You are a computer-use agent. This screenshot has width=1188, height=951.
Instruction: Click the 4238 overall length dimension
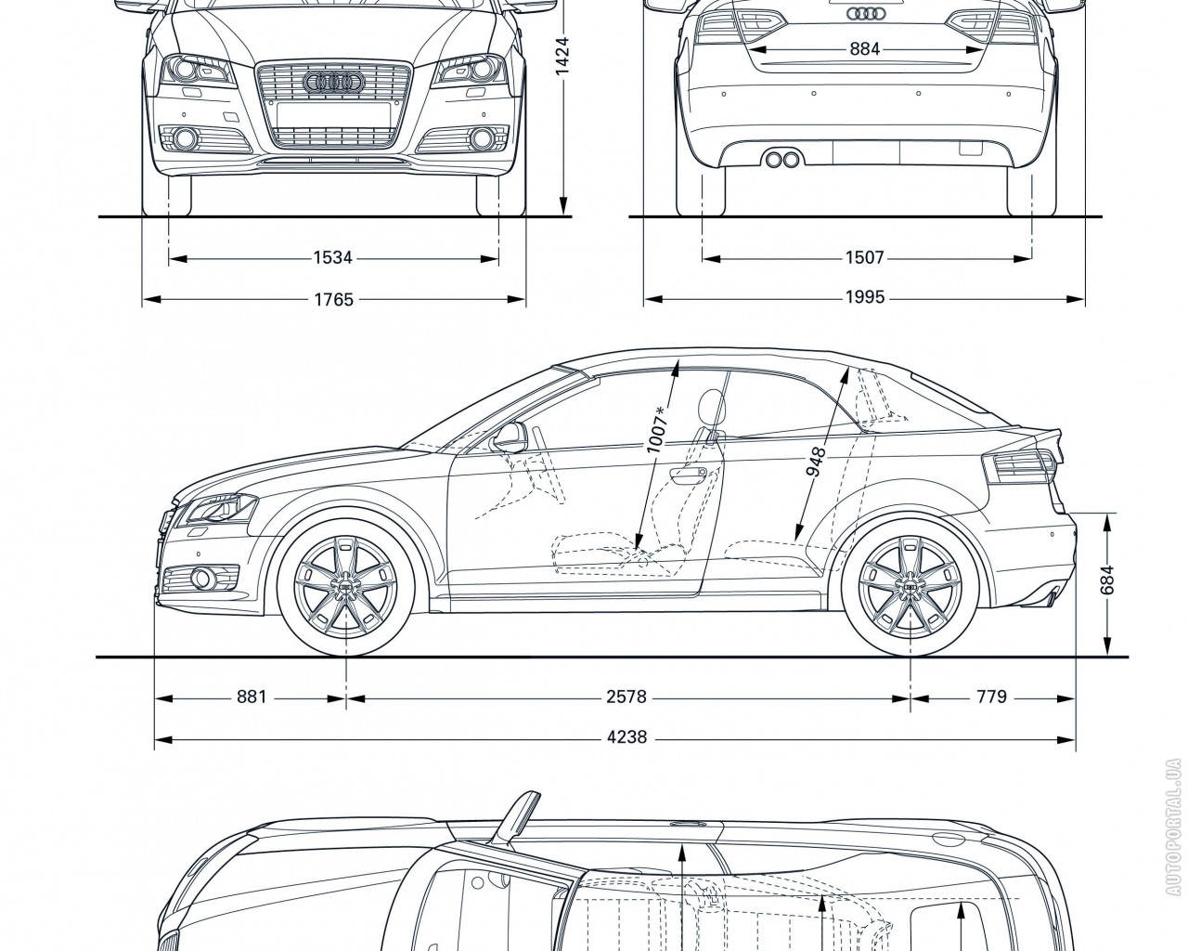tap(626, 739)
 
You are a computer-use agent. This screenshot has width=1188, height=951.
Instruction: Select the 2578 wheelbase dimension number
tap(626, 696)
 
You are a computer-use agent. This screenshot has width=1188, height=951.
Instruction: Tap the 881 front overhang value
tap(252, 696)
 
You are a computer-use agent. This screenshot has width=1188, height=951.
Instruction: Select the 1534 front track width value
tap(332, 257)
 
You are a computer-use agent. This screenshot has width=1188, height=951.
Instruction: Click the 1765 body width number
tap(332, 299)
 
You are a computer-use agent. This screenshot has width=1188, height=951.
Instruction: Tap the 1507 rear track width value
tap(864, 257)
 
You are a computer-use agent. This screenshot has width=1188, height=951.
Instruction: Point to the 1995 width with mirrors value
tap(864, 298)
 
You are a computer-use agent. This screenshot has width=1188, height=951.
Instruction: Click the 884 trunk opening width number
tap(864, 49)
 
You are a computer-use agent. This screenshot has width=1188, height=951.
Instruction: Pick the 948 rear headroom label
tap(817, 462)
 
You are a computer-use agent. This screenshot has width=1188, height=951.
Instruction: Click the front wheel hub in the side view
tap(345, 589)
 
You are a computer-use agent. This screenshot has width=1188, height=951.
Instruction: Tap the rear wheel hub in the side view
tap(910, 589)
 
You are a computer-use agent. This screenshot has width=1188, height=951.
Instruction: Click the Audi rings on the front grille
tap(332, 83)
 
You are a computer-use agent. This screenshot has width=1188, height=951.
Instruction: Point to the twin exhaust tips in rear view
tap(782, 160)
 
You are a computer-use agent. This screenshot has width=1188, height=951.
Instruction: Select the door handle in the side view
tap(688, 475)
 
